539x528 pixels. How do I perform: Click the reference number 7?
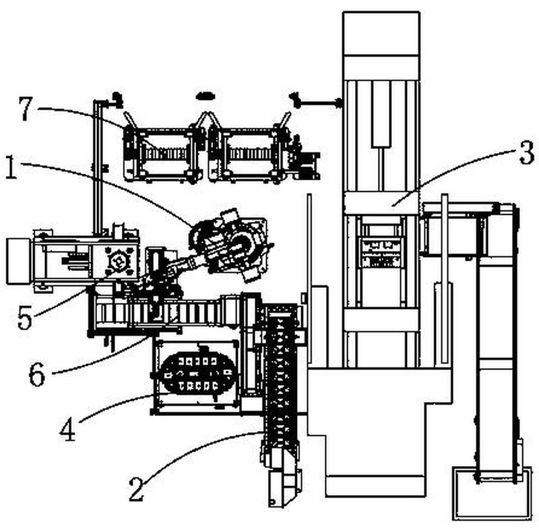[26, 110]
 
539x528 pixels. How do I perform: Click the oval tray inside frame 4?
[195, 374]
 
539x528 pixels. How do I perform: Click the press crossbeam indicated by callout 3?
[381, 202]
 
